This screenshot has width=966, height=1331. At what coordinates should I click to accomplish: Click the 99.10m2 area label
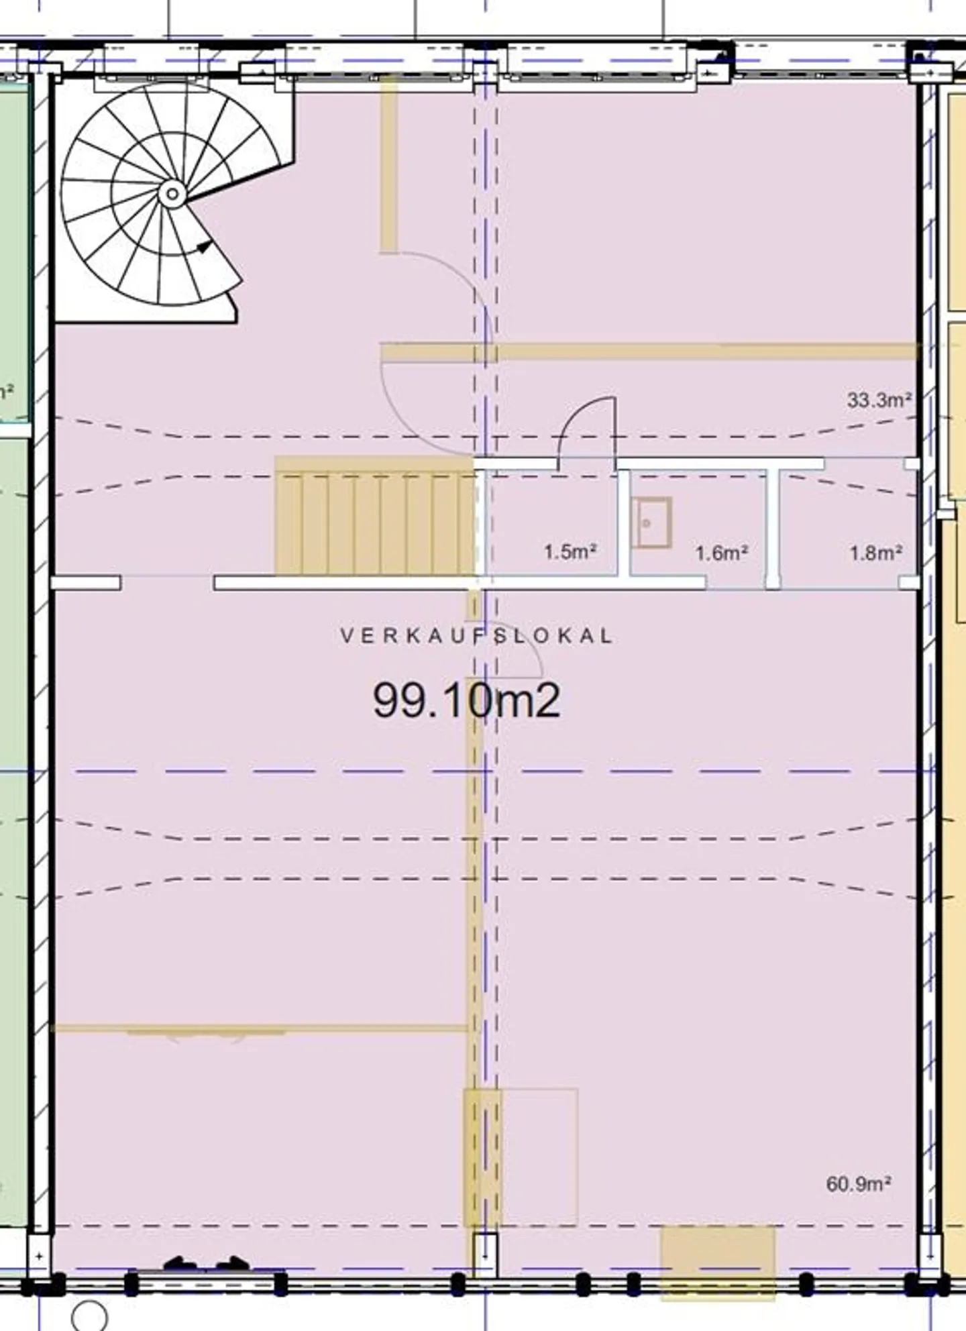466,700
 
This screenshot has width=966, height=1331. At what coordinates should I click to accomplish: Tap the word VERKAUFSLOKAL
477,636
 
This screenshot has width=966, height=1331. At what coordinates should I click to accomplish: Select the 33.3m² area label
879,401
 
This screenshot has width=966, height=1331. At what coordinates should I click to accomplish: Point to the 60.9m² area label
859,1184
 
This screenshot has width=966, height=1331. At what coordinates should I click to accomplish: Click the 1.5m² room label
570,551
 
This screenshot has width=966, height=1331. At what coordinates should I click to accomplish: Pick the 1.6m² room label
721,553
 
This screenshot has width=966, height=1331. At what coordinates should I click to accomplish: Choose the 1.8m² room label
875,553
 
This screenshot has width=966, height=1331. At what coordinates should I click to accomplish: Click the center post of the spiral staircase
172,195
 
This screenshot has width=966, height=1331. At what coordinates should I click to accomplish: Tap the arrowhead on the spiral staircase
205,246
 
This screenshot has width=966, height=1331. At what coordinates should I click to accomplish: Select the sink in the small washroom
652,523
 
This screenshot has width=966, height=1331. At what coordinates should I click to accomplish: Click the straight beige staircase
376,517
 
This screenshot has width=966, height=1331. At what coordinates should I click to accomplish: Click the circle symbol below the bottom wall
89,1316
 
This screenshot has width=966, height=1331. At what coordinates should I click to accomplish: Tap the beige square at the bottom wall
718,1263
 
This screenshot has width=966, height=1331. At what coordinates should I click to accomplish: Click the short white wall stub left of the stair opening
86,583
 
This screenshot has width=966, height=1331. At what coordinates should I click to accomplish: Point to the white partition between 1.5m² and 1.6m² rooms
623,523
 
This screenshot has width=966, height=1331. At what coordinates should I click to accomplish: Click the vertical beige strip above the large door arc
388,165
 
